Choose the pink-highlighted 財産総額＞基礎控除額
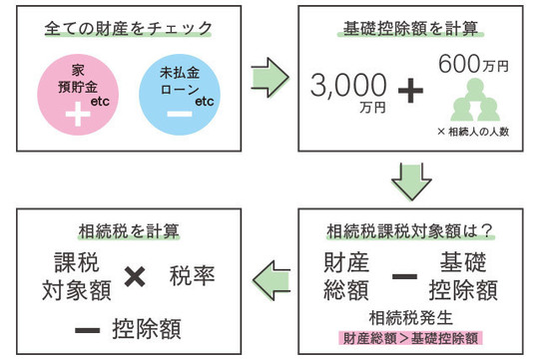pos(410,338)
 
